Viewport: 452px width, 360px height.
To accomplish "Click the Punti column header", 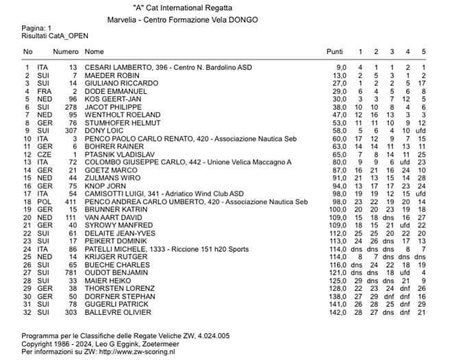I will click(x=335, y=51).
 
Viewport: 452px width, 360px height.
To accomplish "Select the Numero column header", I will click(x=66, y=51).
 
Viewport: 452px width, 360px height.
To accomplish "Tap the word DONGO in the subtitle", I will click(x=243, y=20).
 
